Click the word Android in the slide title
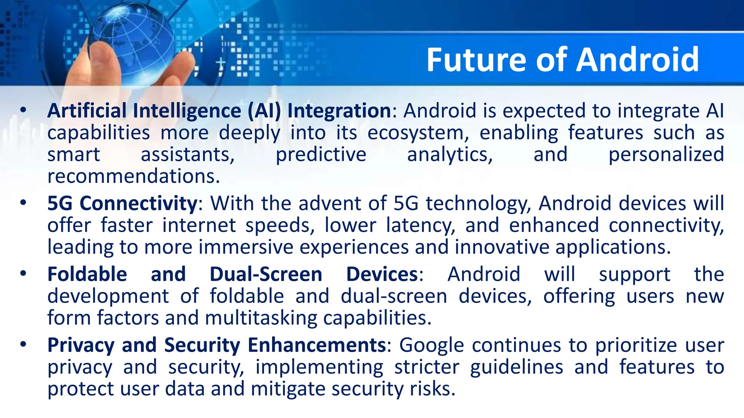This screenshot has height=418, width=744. pos(638,60)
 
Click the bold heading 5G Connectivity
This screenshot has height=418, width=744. pos(122,203)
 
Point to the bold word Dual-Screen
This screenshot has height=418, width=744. pos(266,274)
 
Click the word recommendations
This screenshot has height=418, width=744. pos(134,176)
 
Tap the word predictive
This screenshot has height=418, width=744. pos(321,155)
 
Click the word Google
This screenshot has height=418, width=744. pos(432,345)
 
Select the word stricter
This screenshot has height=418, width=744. pos(427,367)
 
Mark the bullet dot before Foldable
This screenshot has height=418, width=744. pos(24,274)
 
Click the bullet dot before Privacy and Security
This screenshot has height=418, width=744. pos(24,344)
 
